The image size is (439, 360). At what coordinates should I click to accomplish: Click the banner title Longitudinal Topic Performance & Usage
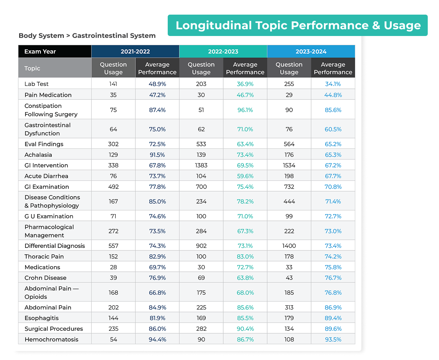click(298, 25)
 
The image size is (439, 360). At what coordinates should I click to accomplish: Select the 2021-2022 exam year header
click(135, 52)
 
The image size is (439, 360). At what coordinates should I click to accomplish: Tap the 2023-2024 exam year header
click(311, 52)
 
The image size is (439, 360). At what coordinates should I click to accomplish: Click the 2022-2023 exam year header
click(223, 52)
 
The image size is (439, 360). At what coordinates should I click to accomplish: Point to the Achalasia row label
click(38, 154)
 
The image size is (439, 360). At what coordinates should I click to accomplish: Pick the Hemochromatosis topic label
click(51, 339)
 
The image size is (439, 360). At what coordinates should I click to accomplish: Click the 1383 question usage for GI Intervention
click(201, 165)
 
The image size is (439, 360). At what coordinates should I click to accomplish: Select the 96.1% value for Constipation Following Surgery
click(245, 110)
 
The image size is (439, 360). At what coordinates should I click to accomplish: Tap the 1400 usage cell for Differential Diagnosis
click(289, 246)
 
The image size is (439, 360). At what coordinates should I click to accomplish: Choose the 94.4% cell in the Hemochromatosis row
click(157, 339)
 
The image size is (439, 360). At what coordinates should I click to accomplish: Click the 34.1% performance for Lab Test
click(333, 84)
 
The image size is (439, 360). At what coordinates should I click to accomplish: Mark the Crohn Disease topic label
click(45, 278)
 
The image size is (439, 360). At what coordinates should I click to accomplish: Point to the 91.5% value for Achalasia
click(157, 154)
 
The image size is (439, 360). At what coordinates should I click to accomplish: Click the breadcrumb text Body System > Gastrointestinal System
click(87, 36)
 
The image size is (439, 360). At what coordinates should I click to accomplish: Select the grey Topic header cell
click(55, 68)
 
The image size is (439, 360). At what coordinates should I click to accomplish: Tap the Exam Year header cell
click(55, 52)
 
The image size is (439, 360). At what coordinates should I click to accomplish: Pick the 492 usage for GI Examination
click(113, 187)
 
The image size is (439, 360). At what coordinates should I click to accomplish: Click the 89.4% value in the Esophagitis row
click(333, 318)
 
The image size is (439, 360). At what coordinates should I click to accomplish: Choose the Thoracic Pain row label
click(44, 256)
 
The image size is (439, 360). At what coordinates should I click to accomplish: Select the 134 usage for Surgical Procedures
click(289, 328)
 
